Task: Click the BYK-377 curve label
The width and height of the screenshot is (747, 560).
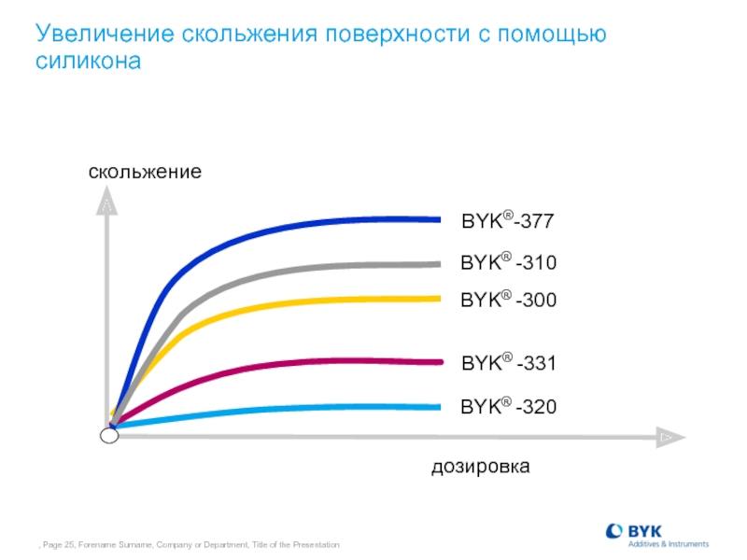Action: (x=508, y=220)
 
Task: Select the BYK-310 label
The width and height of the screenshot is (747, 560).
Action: (x=508, y=262)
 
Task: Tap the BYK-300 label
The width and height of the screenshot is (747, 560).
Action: (x=508, y=300)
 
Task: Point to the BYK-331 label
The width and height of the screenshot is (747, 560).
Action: (x=509, y=362)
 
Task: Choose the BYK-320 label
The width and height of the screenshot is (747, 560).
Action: (x=508, y=406)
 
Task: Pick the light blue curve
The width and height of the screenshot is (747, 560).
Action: (x=267, y=409)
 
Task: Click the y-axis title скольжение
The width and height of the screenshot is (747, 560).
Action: (x=145, y=172)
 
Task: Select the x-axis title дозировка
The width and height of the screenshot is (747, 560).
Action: (x=481, y=467)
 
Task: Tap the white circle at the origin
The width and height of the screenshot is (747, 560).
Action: (x=109, y=435)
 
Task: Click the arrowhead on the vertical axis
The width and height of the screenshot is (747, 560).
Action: (x=106, y=201)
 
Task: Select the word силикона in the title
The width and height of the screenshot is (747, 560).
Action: (x=88, y=61)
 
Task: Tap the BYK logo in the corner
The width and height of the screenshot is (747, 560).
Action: (x=657, y=536)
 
